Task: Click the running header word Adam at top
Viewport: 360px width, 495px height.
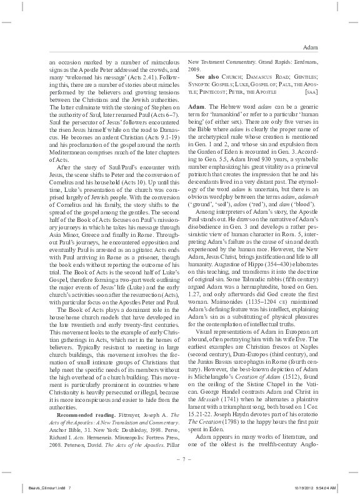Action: [x=311, y=47]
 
